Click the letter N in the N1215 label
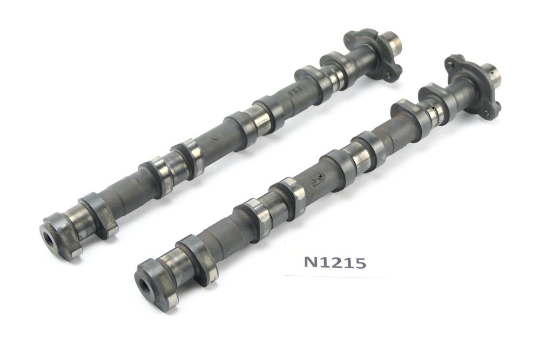pyautogui.click(x=310, y=262)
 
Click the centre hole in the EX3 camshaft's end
pyautogui.click(x=48, y=239)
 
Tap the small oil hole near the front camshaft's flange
pyautogui.click(x=433, y=114)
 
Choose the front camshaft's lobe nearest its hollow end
pyautogui.click(x=198, y=260)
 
